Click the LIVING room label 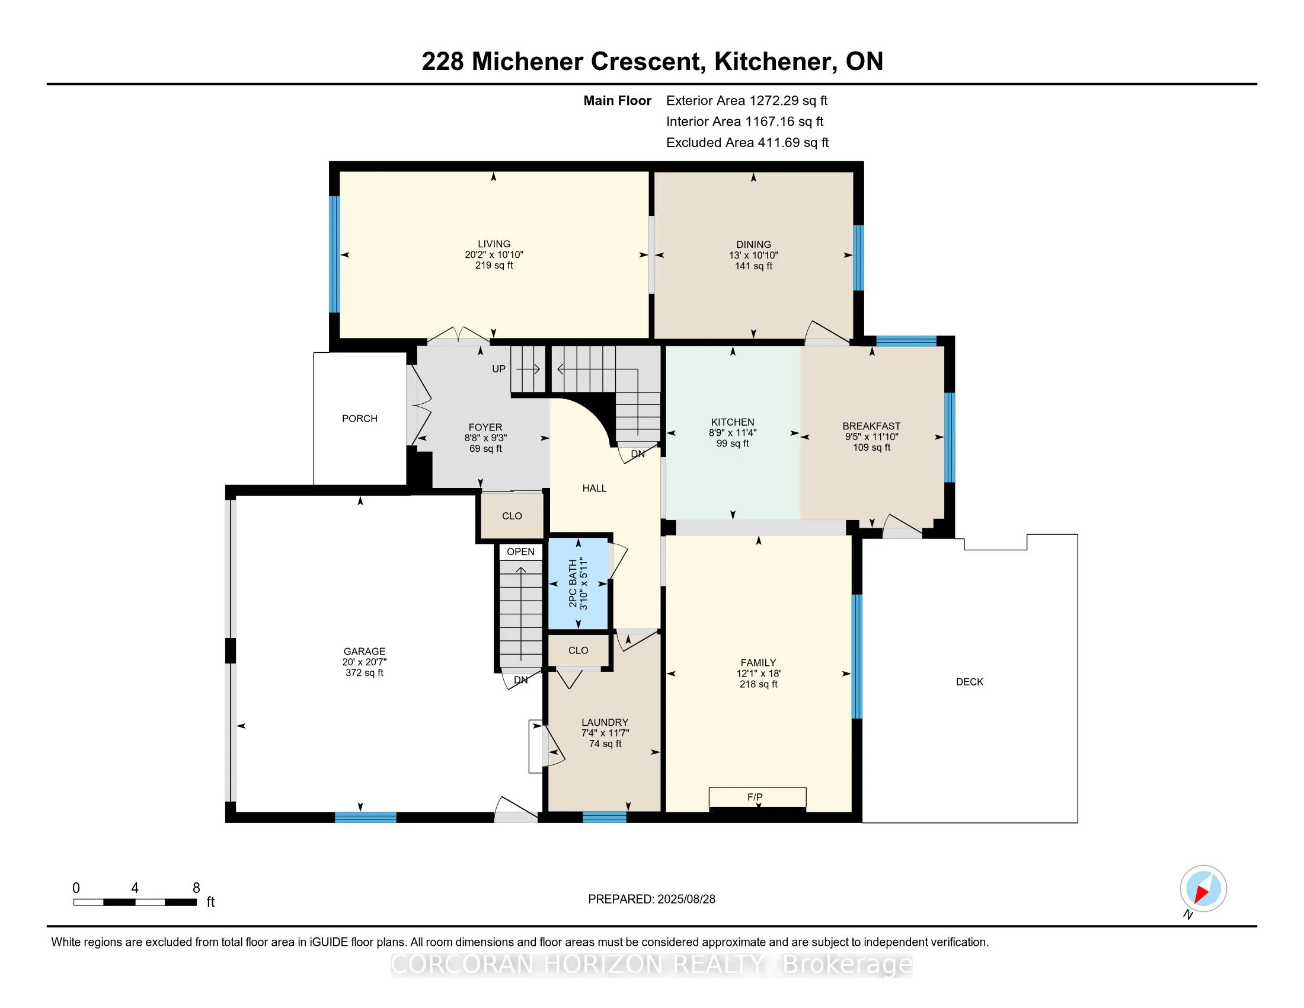pyautogui.click(x=494, y=244)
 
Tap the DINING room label pyautogui.click(x=753, y=244)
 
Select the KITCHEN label pyautogui.click(x=733, y=422)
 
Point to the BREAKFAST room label pyautogui.click(x=871, y=426)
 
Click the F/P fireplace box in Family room pyautogui.click(x=757, y=797)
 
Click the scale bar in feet pyautogui.click(x=135, y=902)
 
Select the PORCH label pyautogui.click(x=359, y=419)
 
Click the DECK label pyautogui.click(x=969, y=682)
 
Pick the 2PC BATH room pyautogui.click(x=578, y=583)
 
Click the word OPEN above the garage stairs pyautogui.click(x=520, y=552)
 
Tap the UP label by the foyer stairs pyautogui.click(x=498, y=369)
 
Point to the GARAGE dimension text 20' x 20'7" pyautogui.click(x=364, y=662)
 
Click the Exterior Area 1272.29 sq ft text pyautogui.click(x=747, y=101)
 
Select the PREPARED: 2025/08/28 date pyautogui.click(x=651, y=899)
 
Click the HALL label pyautogui.click(x=594, y=489)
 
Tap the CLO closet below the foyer pyautogui.click(x=512, y=516)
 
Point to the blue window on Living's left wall pyautogui.click(x=334, y=254)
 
